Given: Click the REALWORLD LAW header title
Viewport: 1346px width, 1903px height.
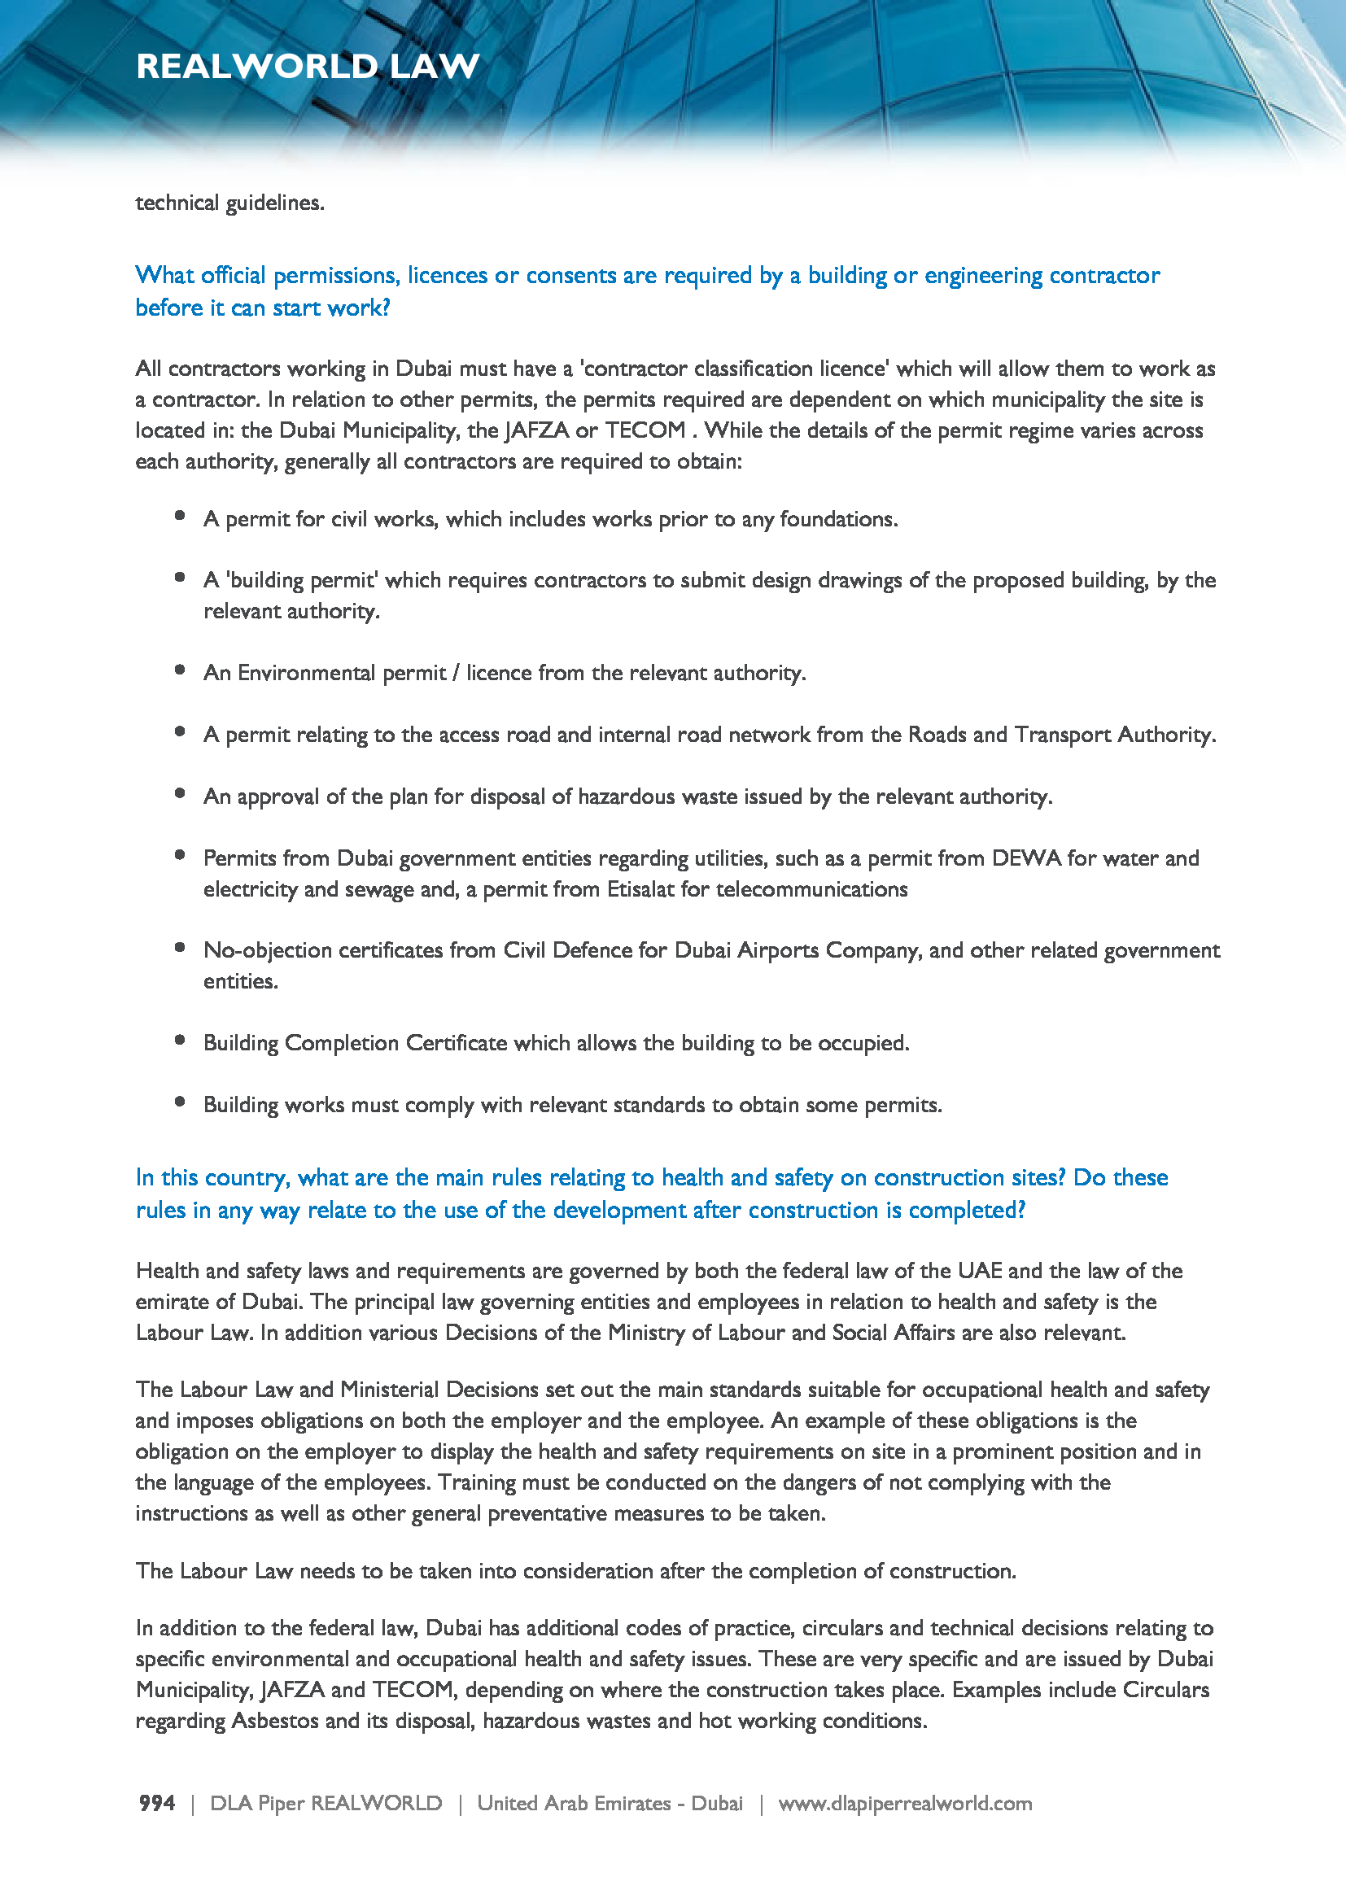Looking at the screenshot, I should [x=308, y=66].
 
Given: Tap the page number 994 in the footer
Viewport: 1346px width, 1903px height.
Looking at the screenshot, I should [x=156, y=1804].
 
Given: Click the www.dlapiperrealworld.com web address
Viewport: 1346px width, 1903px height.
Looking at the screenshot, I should [x=905, y=1804].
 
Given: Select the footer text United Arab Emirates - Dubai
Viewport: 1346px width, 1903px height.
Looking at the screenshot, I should [x=610, y=1804].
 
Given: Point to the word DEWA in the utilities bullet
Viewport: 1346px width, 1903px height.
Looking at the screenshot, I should [x=1026, y=858].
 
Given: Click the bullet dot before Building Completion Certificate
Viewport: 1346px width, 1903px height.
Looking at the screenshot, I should [x=180, y=1041].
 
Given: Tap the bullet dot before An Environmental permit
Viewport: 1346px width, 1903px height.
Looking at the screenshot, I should [x=180, y=670].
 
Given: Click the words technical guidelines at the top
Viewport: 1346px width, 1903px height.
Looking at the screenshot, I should [x=229, y=203].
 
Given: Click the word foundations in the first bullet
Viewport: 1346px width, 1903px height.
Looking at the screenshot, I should [x=838, y=520].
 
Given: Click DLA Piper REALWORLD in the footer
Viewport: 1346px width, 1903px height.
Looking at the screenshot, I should [x=326, y=1804].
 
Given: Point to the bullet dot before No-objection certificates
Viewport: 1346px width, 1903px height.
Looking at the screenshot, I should [x=180, y=947].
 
